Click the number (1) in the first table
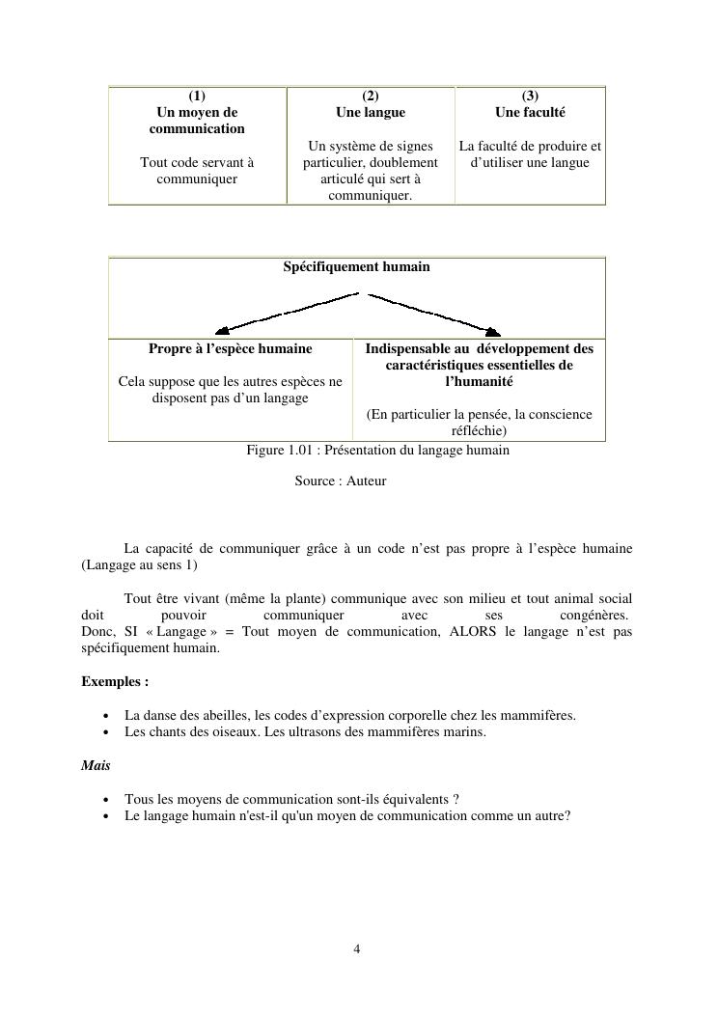(197, 96)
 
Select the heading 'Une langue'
(371, 112)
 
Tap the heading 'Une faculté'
(530, 112)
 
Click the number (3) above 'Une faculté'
(530, 96)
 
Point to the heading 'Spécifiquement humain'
(356, 266)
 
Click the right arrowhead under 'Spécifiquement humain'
(492, 330)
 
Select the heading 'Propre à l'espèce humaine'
(230, 348)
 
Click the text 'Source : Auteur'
(341, 481)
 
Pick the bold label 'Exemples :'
(115, 681)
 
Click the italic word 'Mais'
(96, 765)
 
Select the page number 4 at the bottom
(357, 948)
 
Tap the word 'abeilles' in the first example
(225, 715)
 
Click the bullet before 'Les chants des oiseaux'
(104, 732)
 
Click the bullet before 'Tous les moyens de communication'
(104, 800)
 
